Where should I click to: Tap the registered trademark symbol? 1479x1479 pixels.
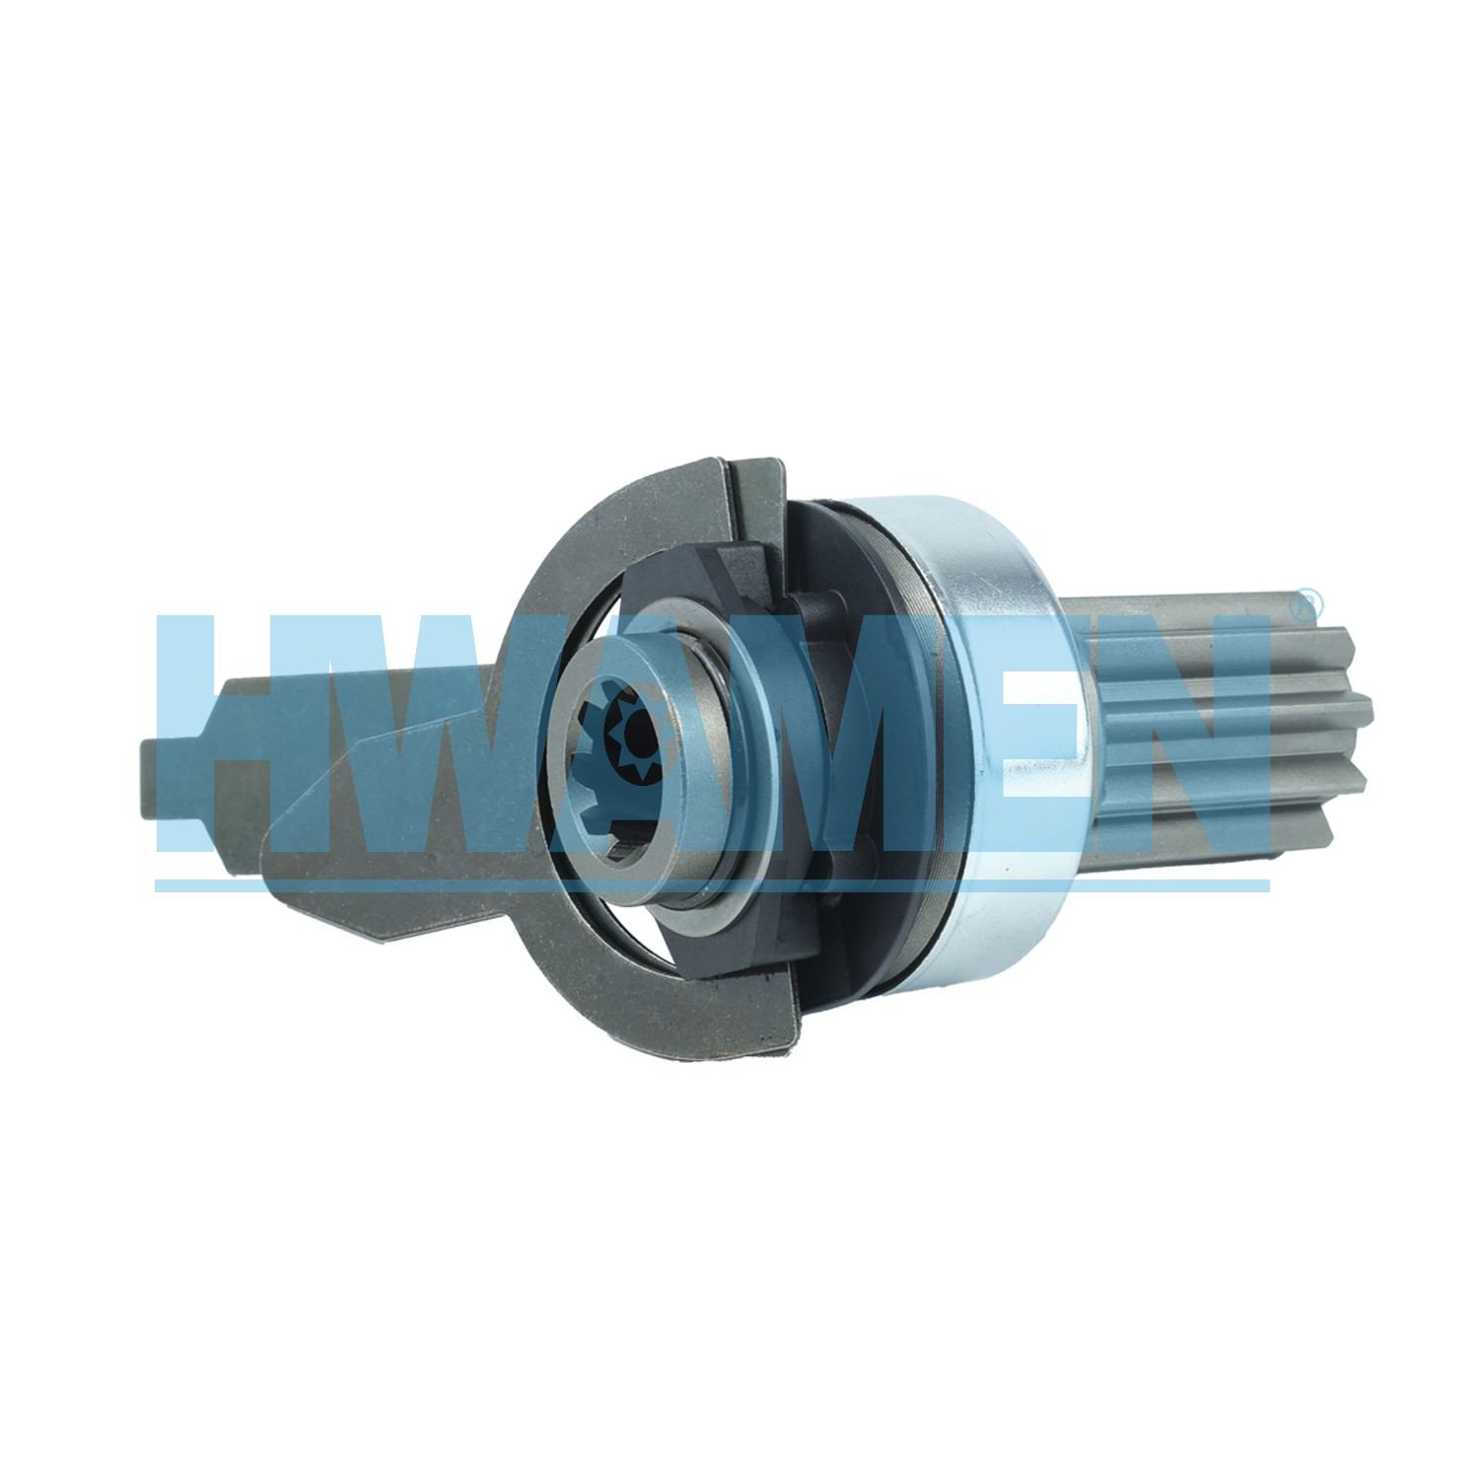coord(1303,599)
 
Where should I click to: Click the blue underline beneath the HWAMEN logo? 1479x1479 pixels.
coord(712,884)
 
